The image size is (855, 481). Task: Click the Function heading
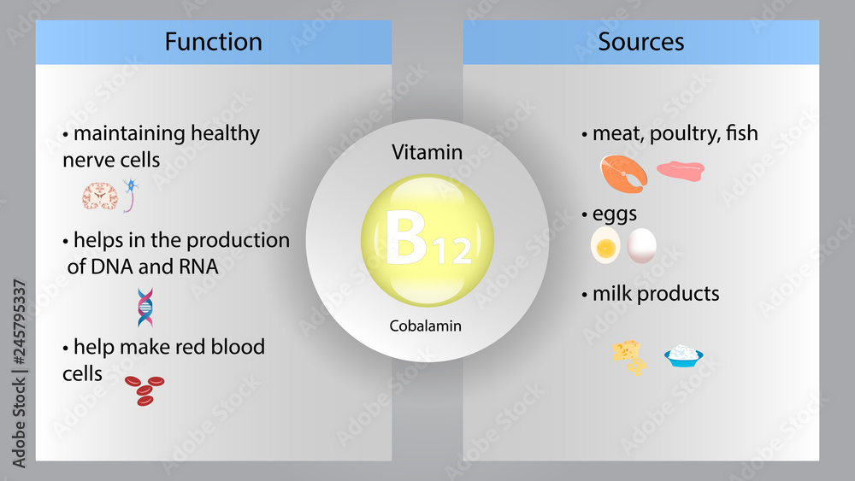[x=213, y=41]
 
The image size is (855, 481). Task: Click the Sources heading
[x=641, y=41]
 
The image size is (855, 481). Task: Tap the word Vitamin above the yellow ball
[x=427, y=153]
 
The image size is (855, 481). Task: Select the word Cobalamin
[x=427, y=326]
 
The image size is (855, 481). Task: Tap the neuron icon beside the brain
[x=131, y=194]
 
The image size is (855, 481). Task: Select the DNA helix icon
[x=145, y=308]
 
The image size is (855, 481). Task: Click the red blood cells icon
[x=144, y=390]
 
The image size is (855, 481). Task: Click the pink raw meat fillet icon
[x=681, y=170]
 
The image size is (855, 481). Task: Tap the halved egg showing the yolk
[x=605, y=247]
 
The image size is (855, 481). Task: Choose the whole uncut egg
[x=641, y=245]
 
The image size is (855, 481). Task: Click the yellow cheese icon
[x=629, y=356]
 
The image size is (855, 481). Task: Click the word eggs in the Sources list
[x=615, y=214]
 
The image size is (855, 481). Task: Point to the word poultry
[x=684, y=134]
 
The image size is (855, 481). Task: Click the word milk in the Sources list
[x=613, y=294]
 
